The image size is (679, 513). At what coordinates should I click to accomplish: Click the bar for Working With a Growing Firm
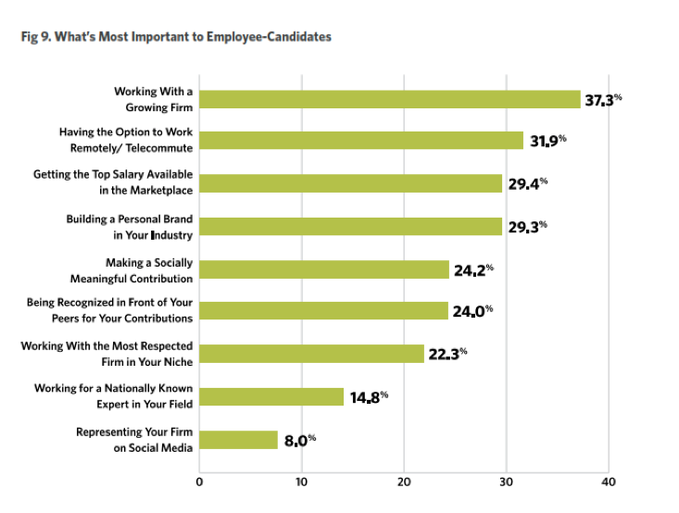click(389, 99)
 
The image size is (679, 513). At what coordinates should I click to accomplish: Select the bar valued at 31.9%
click(361, 141)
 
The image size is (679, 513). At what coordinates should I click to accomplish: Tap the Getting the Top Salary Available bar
click(350, 183)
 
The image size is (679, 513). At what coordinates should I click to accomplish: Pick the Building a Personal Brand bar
click(350, 226)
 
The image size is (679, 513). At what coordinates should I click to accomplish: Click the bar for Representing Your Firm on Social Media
click(238, 440)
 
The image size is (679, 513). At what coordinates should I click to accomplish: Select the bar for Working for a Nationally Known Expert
click(271, 396)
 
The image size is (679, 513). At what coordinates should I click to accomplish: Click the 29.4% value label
click(528, 183)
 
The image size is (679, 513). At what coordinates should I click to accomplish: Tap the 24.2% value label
click(473, 269)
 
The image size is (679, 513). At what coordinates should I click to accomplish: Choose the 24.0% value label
click(472, 312)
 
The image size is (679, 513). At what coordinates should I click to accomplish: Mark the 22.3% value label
click(447, 354)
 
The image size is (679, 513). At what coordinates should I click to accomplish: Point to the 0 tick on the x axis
click(199, 482)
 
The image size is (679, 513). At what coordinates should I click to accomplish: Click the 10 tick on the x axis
click(301, 482)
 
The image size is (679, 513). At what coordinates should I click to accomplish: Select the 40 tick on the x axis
click(608, 482)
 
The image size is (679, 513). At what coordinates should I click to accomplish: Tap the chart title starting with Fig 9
click(176, 37)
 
